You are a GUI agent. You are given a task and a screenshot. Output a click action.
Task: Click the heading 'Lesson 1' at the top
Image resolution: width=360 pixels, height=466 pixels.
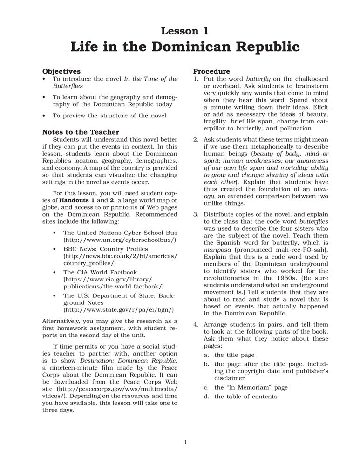[184, 31]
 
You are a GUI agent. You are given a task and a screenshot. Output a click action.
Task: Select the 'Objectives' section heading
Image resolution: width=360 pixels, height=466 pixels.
[61, 71]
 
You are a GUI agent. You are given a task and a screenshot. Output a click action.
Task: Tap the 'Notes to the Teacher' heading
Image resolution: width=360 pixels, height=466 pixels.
[81, 132]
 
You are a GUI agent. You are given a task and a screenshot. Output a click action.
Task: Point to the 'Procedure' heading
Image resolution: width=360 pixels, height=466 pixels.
[211, 71]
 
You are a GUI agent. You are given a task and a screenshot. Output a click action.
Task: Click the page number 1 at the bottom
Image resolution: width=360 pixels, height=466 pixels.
[185, 442]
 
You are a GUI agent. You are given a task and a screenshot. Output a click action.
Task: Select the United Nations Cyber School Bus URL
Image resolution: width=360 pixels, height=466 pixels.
[120, 240]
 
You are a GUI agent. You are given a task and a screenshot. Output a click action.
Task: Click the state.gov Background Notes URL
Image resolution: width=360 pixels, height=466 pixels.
[118, 309]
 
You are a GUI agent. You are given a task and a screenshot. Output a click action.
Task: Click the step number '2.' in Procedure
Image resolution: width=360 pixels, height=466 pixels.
[196, 140]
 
